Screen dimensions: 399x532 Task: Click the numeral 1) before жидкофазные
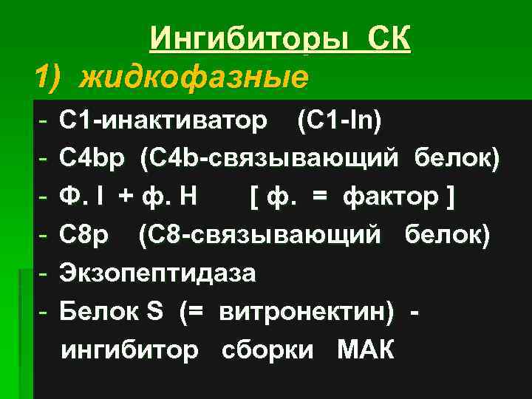tap(52, 76)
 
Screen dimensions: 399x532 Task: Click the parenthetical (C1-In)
tap(339, 120)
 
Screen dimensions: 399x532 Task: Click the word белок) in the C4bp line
tap(457, 158)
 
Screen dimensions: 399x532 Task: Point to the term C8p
tap(86, 235)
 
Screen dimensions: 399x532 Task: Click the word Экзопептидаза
tap(158, 273)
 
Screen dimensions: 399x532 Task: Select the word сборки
tap(267, 349)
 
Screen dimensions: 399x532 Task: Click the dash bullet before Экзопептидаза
tap(45, 273)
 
